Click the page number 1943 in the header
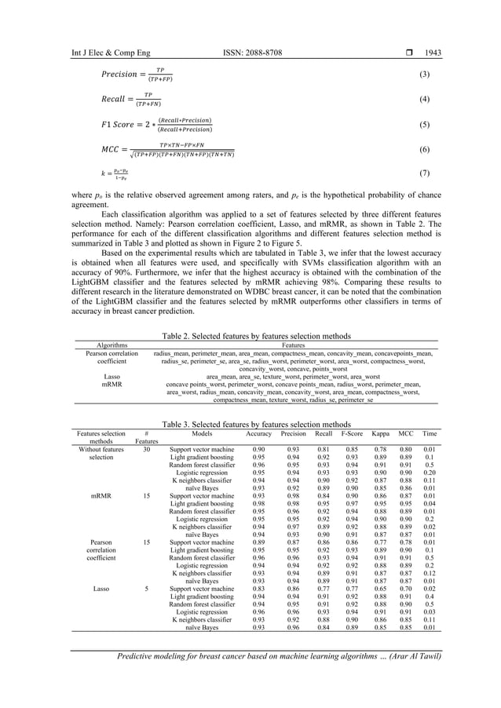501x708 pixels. click(433, 53)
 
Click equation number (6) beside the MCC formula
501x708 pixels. click(425, 149)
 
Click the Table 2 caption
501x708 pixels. click(250, 334)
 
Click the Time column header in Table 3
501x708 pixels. click(430, 433)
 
